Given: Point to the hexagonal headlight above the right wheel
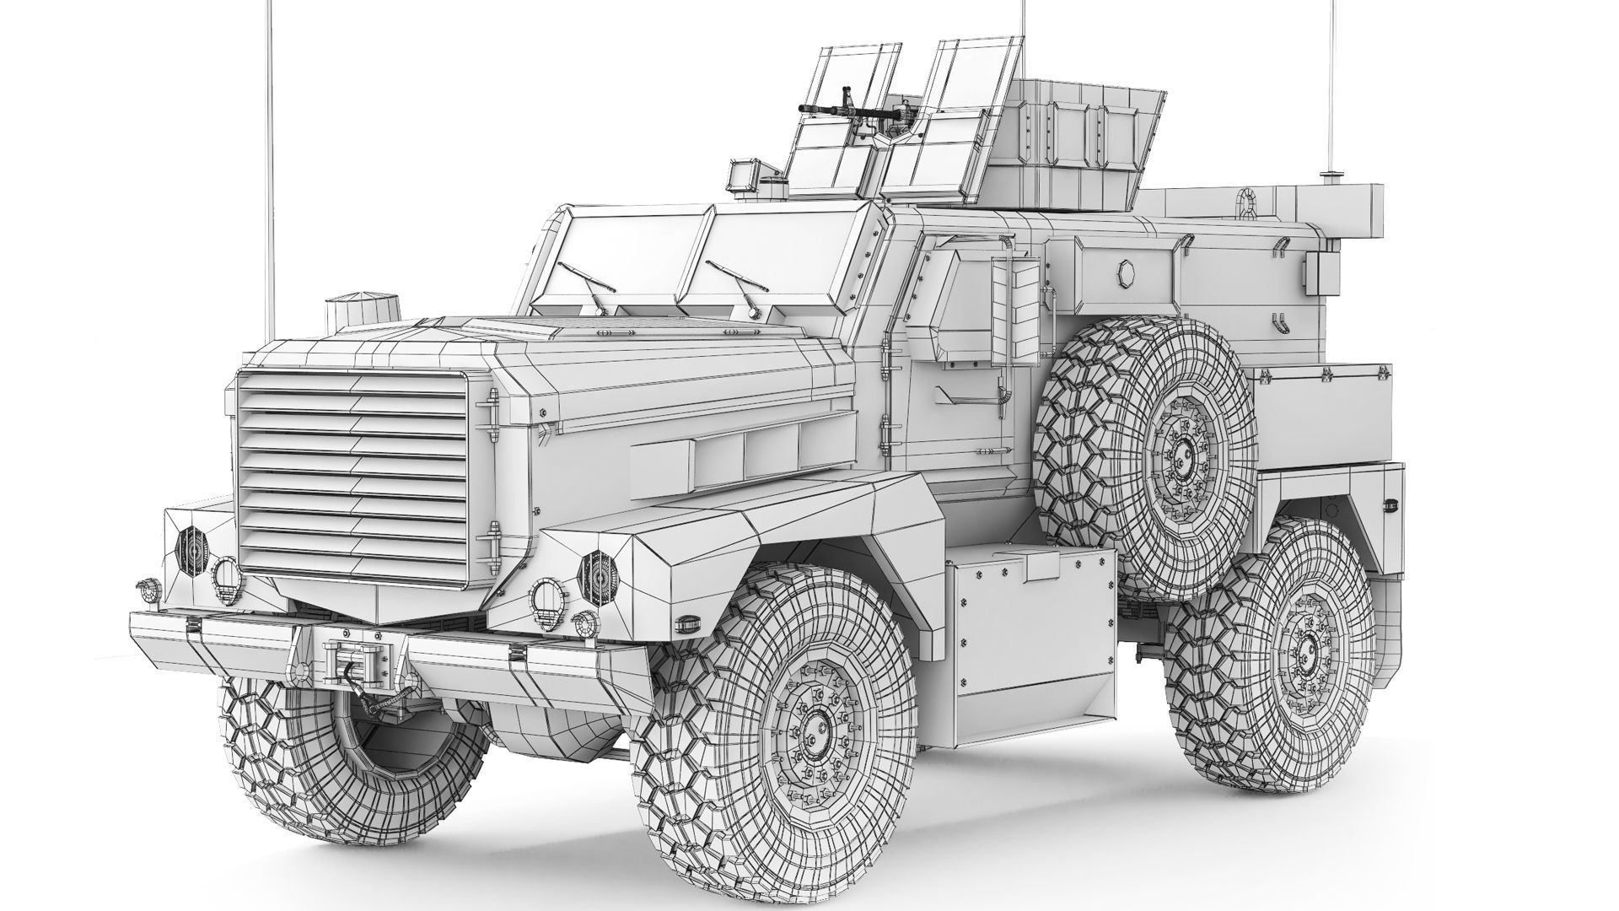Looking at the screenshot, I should click(597, 572).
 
